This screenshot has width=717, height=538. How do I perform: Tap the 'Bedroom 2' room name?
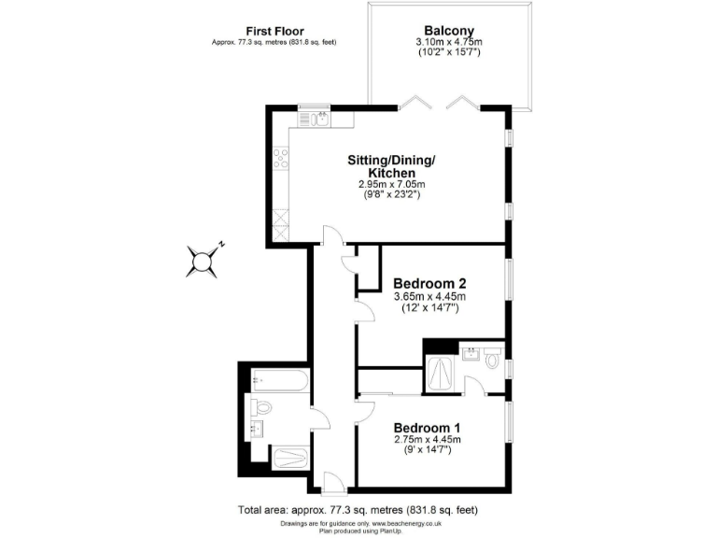point(429,284)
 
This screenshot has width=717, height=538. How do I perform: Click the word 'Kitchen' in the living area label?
point(391,173)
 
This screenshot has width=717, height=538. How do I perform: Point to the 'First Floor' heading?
point(274,31)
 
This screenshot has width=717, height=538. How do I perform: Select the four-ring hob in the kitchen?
point(278,160)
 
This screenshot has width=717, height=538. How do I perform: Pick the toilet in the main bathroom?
point(260,407)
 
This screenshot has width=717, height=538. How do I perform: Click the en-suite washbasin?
point(471,353)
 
